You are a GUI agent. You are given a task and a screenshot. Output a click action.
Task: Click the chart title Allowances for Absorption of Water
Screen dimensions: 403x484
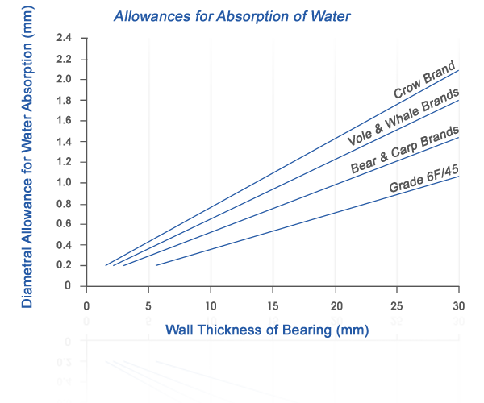(x=232, y=16)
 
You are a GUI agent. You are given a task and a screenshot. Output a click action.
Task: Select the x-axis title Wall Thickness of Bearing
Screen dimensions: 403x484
(x=267, y=330)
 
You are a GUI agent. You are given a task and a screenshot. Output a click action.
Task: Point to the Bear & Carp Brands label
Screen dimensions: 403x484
(x=405, y=150)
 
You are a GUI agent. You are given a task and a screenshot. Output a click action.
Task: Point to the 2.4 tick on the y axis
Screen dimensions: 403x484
(x=65, y=38)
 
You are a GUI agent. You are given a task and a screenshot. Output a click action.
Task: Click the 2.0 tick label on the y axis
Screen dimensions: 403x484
(x=65, y=79)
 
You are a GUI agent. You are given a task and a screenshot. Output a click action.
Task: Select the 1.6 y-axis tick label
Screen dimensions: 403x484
(x=65, y=120)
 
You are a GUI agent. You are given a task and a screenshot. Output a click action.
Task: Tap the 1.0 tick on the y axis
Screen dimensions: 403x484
(x=65, y=182)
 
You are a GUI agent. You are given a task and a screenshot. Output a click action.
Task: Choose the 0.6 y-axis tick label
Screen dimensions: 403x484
(x=65, y=223)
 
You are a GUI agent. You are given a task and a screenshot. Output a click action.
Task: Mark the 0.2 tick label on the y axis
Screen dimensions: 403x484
(x=65, y=264)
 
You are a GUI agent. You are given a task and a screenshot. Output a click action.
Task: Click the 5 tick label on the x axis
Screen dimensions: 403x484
(x=148, y=306)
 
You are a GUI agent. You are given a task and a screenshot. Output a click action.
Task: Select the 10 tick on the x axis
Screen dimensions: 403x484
(x=211, y=306)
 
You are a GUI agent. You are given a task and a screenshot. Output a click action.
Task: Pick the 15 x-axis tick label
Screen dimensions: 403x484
(x=273, y=306)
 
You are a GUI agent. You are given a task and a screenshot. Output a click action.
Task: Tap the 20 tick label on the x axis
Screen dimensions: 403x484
(x=335, y=306)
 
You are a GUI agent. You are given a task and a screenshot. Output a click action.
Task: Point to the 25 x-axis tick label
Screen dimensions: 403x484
(x=397, y=306)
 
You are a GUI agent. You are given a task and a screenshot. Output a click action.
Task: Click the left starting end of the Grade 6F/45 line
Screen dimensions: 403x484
(x=155, y=265)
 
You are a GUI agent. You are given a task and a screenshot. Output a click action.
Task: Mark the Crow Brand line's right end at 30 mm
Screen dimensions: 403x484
(x=458, y=71)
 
